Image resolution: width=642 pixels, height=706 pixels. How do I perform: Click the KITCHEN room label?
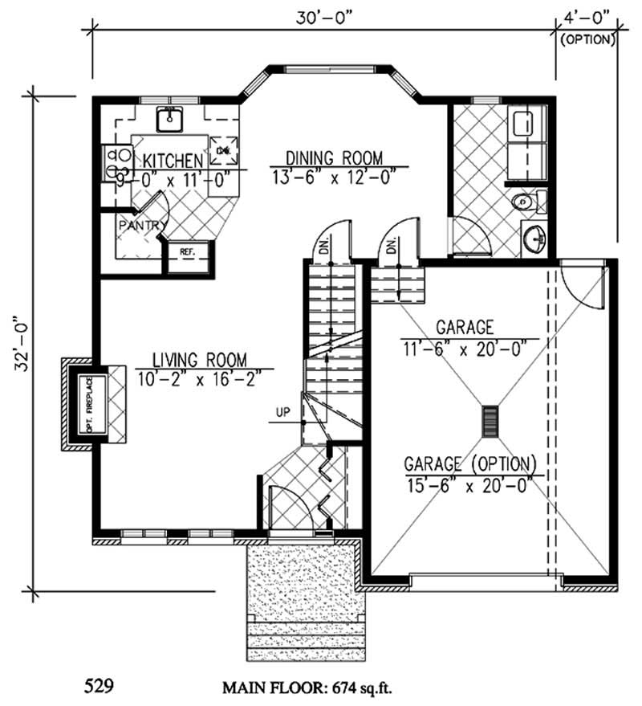pos(169,161)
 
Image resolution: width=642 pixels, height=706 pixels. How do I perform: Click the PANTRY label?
pos(143,226)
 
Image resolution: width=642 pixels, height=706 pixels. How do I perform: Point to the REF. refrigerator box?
pos(188,252)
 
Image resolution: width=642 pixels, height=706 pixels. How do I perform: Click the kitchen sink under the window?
pos(169,120)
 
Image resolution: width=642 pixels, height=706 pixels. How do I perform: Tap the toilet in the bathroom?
pos(526,201)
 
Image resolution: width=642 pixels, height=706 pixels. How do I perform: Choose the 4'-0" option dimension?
pos(587,14)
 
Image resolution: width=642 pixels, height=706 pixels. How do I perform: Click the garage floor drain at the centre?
pos(490,421)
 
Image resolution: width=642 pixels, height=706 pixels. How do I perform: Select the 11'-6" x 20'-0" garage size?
pos(465,347)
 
